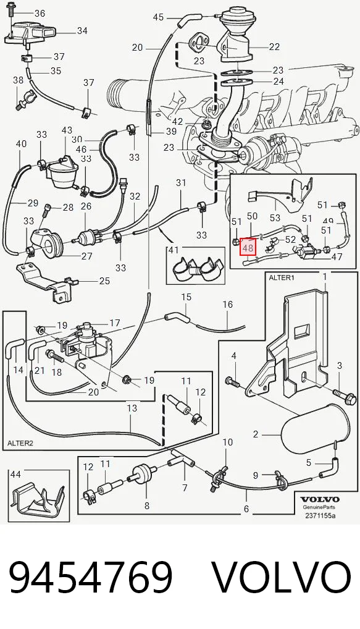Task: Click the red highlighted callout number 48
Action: point(248,248)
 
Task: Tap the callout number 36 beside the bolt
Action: point(40,13)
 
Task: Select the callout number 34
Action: point(82,30)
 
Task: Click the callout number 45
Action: point(158,17)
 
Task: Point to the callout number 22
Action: point(274,47)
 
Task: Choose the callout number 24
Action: point(278,82)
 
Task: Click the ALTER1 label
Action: point(281,277)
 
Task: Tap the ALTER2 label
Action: point(20,443)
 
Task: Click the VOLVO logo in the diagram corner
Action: point(320,499)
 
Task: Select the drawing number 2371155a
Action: point(320,515)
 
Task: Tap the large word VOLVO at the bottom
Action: point(282,578)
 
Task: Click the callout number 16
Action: point(228,305)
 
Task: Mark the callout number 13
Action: point(132,408)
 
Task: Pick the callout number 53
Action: point(275,218)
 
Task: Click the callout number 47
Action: point(337,257)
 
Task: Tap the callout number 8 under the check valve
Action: point(147,505)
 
